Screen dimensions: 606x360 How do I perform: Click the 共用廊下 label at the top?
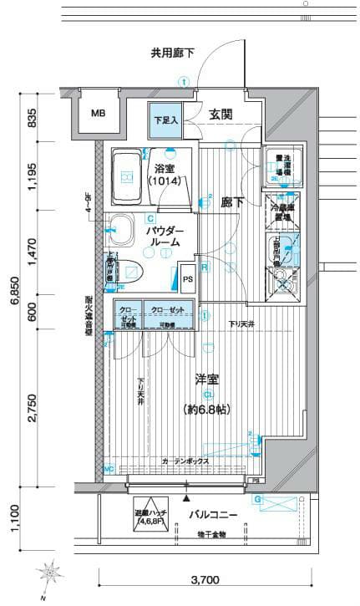[x=172, y=53]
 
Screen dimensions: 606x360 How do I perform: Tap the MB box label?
[x=98, y=114]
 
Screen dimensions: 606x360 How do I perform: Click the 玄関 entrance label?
[x=221, y=115]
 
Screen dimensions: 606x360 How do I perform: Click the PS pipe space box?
[x=187, y=278]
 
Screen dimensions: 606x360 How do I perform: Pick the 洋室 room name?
[x=207, y=379]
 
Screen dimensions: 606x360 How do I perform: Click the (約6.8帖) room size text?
[x=207, y=409]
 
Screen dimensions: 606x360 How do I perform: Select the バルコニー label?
[x=213, y=515]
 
